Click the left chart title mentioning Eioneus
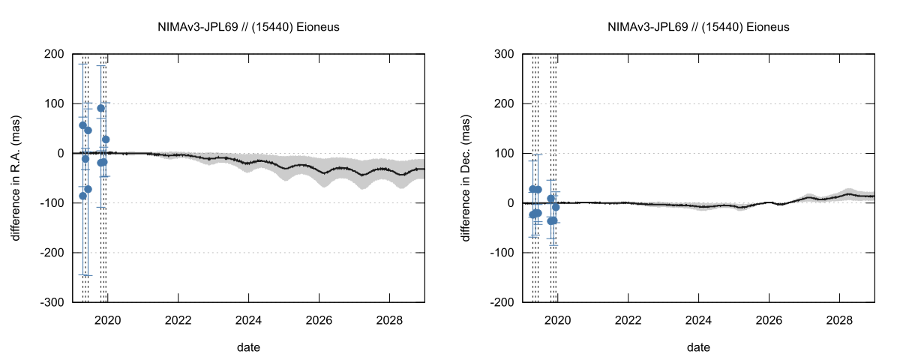(x=249, y=27)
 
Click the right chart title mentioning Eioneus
(x=698, y=27)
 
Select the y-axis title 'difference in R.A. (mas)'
(x=16, y=178)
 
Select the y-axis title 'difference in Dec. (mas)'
(x=466, y=178)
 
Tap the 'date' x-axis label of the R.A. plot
(x=249, y=347)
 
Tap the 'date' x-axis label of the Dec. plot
(x=698, y=347)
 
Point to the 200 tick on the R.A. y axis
(x=53, y=54)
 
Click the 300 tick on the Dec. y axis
(x=502, y=54)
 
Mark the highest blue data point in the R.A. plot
(x=101, y=108)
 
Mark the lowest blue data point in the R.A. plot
(x=83, y=196)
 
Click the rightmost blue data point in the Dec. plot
(x=556, y=207)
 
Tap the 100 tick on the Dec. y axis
(x=502, y=153)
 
